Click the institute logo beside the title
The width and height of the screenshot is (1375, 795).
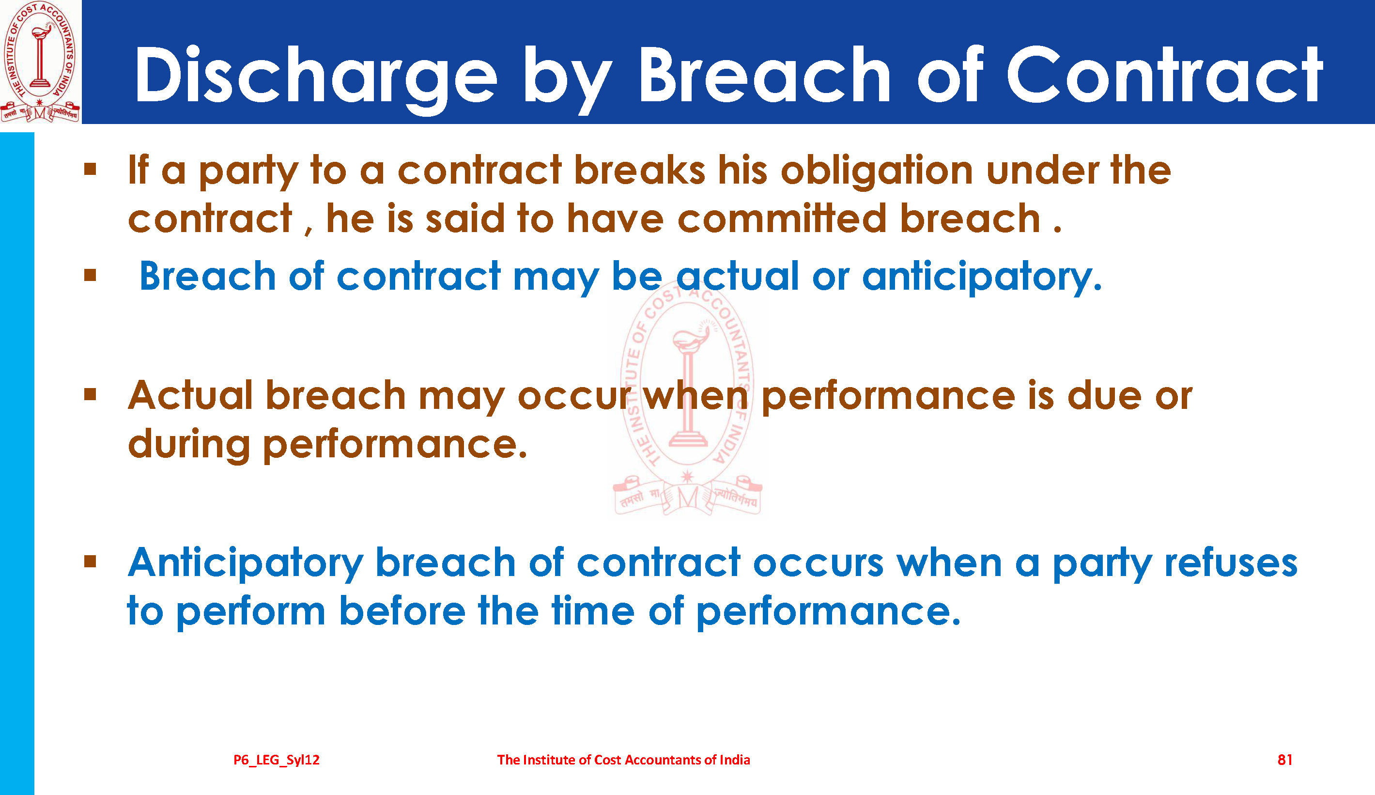[40, 62]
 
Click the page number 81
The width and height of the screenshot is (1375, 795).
[1285, 760]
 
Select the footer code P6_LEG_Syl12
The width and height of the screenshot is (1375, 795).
[277, 760]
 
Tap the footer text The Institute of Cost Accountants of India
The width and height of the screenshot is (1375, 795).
[623, 760]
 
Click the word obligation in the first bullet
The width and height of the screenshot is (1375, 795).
[877, 171]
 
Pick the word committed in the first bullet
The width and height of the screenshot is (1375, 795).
[782, 218]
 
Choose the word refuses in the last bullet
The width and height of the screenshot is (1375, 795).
[1231, 563]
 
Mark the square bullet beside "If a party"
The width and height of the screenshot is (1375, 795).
[91, 169]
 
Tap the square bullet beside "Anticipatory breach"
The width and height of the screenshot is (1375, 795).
[91, 561]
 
